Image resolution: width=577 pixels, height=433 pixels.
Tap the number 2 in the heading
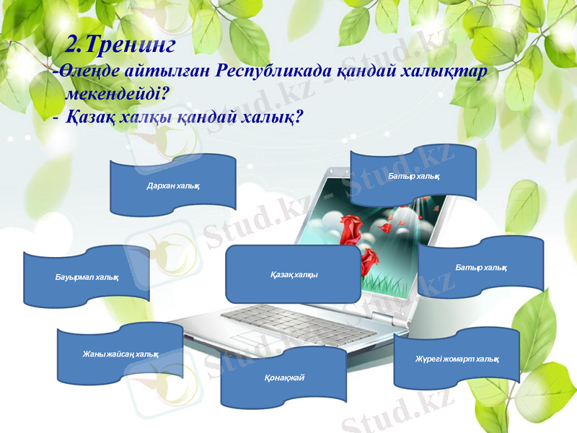[72, 45]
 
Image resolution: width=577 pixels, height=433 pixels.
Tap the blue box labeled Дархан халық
[173, 184]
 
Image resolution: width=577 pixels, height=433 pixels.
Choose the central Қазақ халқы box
[293, 274]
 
